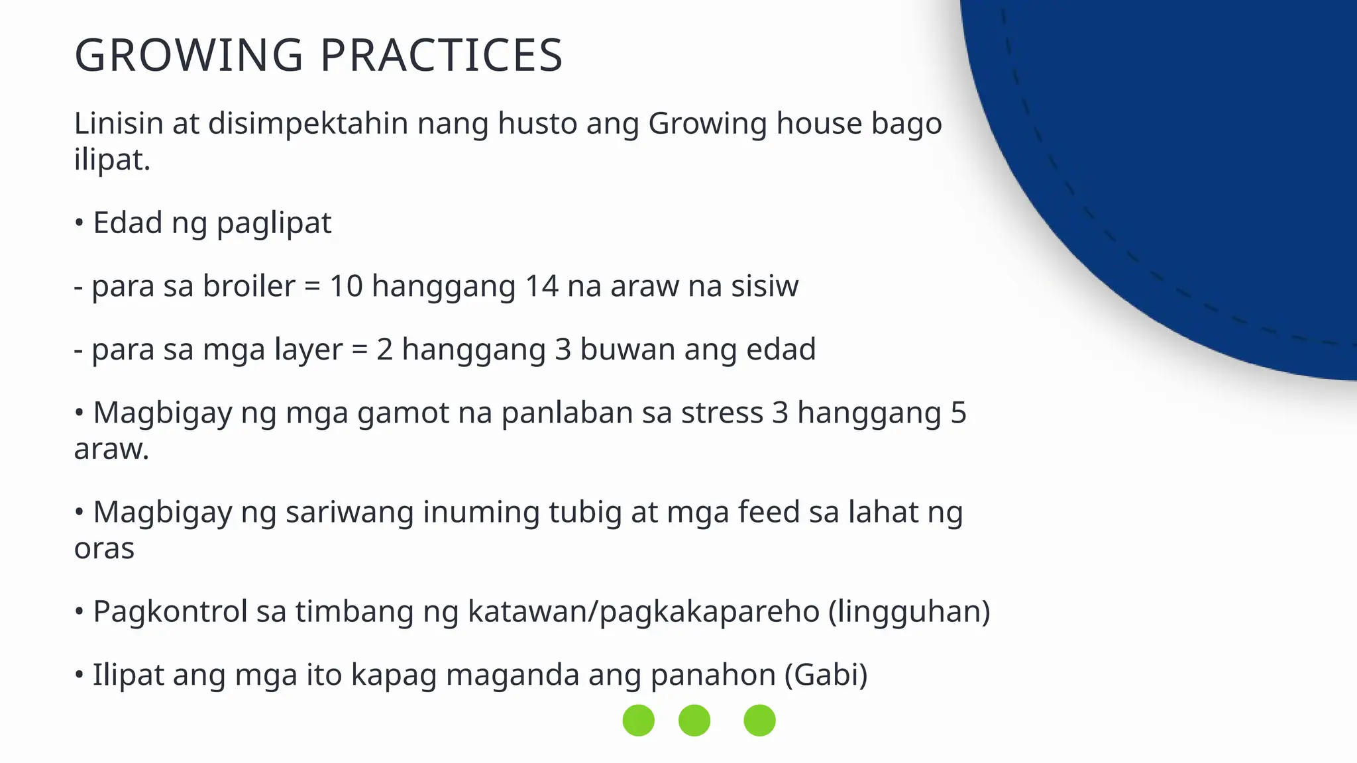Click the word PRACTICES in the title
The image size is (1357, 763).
[441, 55]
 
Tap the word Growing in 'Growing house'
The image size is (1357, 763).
[707, 124]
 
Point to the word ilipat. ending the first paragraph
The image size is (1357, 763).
[112, 160]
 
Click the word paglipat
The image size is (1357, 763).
[274, 223]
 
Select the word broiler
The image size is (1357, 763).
[248, 286]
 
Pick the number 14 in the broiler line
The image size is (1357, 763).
[541, 286]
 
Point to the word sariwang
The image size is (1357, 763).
[349, 512]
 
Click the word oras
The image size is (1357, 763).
[104, 548]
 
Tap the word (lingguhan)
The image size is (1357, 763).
[909, 611]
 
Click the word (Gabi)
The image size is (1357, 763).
[826, 675]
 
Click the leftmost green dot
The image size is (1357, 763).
[639, 720]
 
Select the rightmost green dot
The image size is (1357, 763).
[759, 720]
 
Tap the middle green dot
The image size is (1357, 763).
[694, 720]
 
